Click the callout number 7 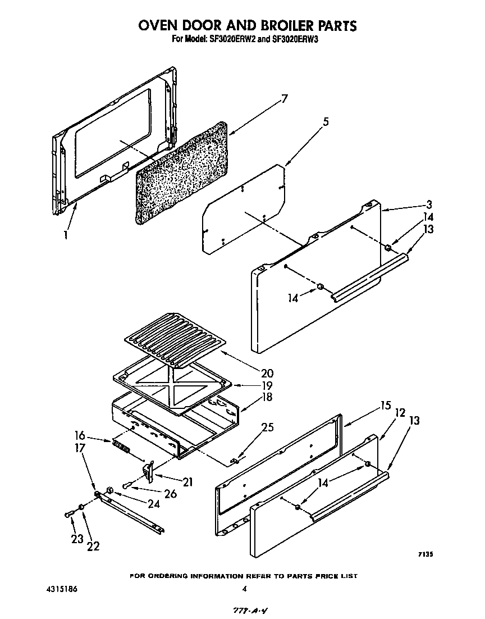[285, 99]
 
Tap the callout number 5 [326, 121]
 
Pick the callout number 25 [268, 427]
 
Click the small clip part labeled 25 [235, 461]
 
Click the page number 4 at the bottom [244, 589]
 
